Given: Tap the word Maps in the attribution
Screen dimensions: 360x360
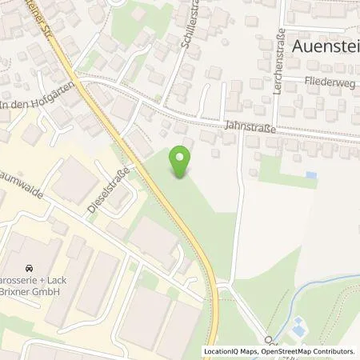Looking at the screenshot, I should [x=247, y=351].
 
